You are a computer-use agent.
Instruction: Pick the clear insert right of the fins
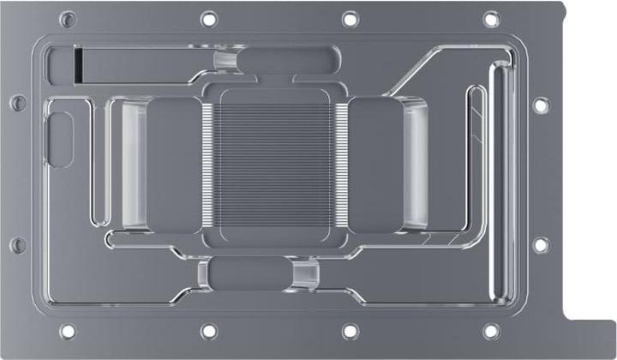coord(415,164)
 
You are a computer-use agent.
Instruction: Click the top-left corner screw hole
coord(68,19)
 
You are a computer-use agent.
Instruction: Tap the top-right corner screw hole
coord(492,19)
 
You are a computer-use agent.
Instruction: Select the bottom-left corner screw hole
coord(68,331)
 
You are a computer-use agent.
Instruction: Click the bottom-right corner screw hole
coord(491,331)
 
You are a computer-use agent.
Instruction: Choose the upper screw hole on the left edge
coord(18,104)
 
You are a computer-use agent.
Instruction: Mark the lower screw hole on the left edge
coord(18,245)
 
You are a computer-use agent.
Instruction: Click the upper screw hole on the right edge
coord(540,105)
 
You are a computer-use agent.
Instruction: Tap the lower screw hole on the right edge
coord(540,245)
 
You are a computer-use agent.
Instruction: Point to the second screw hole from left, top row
coord(209,19)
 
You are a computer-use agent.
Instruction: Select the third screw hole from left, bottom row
coord(350,331)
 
